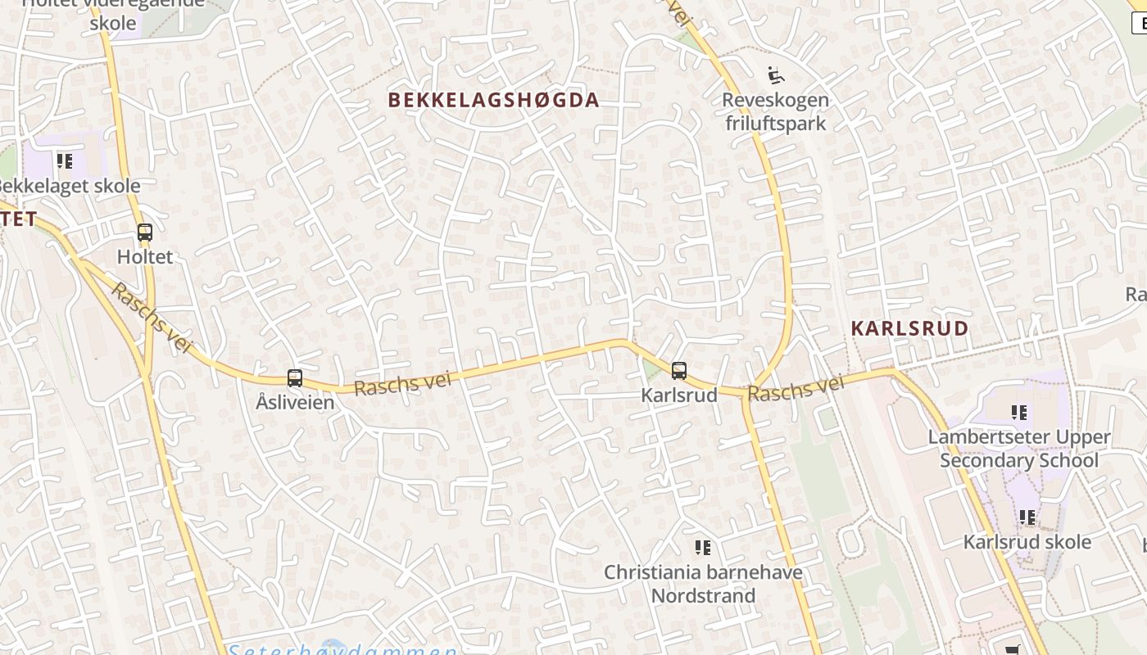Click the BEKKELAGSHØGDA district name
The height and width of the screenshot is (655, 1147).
point(493,100)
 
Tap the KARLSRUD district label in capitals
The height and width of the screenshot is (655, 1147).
point(909,328)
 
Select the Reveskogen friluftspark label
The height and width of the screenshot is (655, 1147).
point(775,112)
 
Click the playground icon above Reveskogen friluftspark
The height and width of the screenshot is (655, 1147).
point(775,76)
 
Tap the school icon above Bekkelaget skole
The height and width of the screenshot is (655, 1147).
point(64,160)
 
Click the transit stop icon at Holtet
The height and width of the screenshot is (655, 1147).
point(145,233)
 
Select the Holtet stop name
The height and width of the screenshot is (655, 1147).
point(145,257)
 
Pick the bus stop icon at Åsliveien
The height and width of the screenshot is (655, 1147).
point(295,378)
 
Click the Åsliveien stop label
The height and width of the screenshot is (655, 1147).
point(295,403)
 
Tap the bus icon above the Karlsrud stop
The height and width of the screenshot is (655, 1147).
point(679,371)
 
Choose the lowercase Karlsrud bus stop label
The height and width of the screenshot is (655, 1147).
point(679,395)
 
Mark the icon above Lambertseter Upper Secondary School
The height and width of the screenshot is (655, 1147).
point(1019,412)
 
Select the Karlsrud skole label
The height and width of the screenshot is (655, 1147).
point(1027,542)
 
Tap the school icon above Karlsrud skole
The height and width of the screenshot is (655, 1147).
point(1027,517)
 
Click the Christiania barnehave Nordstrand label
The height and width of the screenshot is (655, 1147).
point(703,584)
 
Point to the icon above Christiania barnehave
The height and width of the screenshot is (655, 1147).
point(702,547)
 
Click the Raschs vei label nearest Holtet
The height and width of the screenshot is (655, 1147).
point(151,318)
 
